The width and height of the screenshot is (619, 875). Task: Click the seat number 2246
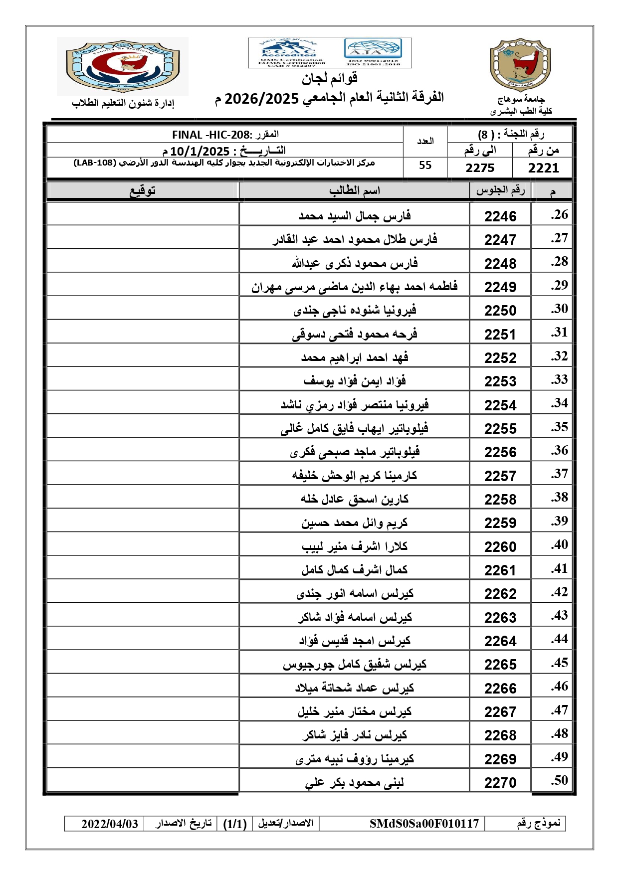point(500,216)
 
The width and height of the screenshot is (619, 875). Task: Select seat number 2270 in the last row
point(500,783)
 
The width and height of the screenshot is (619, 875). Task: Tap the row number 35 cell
point(559,427)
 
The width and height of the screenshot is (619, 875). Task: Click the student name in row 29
point(354,287)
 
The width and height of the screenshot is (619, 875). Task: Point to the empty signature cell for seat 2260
point(143,544)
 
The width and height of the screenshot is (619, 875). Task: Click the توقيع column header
point(143,190)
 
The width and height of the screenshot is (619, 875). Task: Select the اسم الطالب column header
point(354,190)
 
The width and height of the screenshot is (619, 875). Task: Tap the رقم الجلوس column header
point(500,190)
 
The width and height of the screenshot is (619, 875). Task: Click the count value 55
point(425,166)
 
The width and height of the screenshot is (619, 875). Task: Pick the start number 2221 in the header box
point(543,168)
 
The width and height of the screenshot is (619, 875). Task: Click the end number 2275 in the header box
point(480,168)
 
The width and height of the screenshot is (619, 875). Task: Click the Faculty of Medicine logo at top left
point(122,66)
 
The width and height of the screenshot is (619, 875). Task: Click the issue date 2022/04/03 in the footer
point(110,824)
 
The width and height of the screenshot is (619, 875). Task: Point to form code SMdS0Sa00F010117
point(424,824)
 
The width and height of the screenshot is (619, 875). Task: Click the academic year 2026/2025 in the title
point(261,98)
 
